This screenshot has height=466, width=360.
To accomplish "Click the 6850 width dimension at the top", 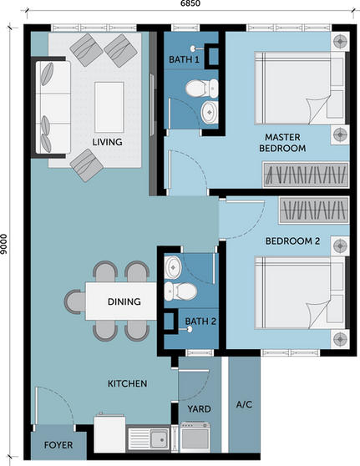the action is (x=190, y=3).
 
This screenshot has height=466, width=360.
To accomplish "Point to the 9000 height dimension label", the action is (x=3, y=245).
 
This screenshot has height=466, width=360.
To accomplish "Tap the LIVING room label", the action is (x=107, y=142).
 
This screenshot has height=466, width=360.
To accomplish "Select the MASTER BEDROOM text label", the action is (x=282, y=143).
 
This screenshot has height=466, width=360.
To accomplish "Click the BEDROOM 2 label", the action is (x=292, y=241).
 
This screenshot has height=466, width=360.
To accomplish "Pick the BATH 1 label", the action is (x=184, y=59).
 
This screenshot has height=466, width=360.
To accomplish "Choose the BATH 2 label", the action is (x=200, y=322).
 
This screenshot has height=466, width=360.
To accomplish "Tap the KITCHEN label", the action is (x=127, y=383).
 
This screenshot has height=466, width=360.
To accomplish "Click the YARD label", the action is (x=199, y=409).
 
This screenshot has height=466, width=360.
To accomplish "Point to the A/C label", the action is (x=244, y=404).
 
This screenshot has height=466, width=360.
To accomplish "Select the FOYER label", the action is (x=58, y=445).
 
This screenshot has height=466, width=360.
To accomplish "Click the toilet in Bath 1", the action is (x=201, y=89).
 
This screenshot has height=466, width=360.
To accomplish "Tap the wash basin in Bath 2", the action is (x=172, y=267).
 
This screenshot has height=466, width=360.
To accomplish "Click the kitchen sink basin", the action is (x=159, y=439).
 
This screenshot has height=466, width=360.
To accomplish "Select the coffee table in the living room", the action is (x=109, y=107).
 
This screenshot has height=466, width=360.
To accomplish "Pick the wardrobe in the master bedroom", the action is (x=306, y=175).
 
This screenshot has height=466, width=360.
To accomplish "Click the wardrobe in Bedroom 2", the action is (x=313, y=210).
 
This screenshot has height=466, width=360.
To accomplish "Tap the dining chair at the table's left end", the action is (x=75, y=302).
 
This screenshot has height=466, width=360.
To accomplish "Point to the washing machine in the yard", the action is (x=195, y=437).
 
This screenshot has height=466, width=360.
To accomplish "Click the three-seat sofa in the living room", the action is (x=53, y=107).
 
